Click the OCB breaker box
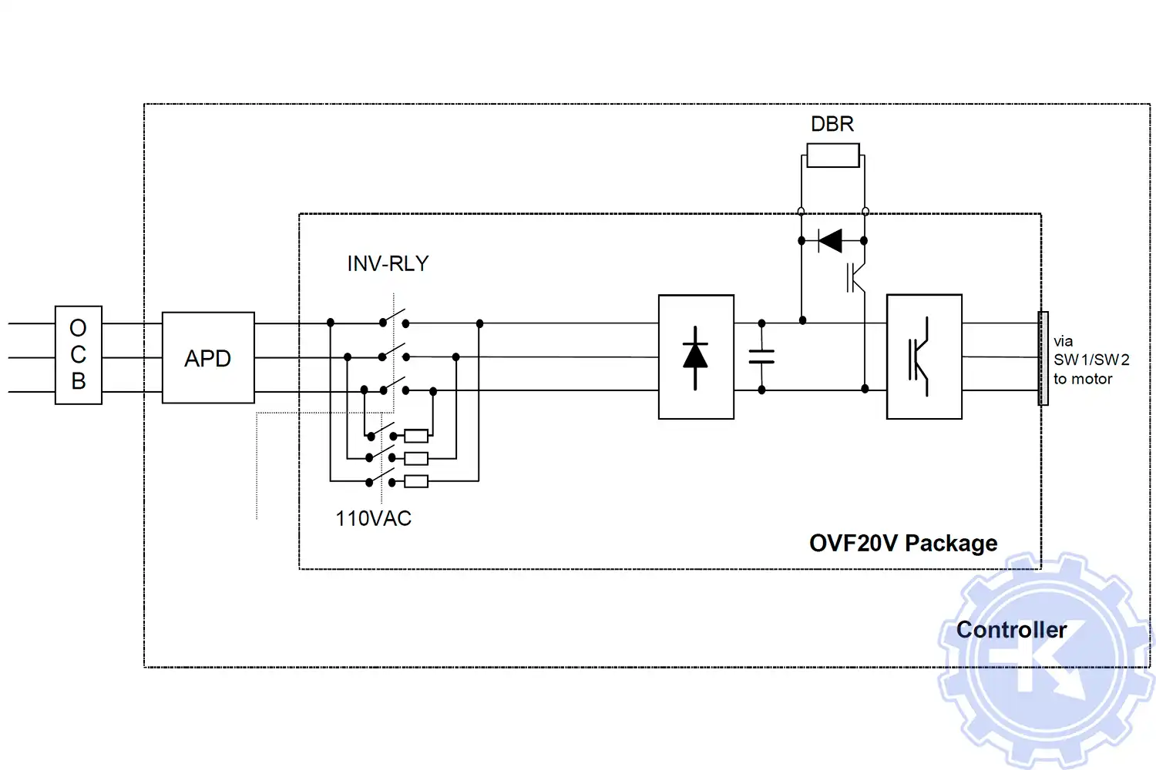coord(79,355)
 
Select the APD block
coord(208,358)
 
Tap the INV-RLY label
coord(388,264)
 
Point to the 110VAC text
coord(373,519)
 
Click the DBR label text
coord(832,124)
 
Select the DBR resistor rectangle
coord(833,156)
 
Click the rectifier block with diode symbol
coord(696,357)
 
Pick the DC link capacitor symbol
coord(761,357)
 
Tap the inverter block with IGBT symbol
coord(924,357)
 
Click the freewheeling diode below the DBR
coord(830,241)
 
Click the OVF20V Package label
coord(903,544)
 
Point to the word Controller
coord(1011,630)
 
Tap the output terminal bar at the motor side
coord(1043,358)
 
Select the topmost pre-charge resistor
coord(416,436)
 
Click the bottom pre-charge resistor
coord(416,482)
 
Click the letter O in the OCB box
coord(78,329)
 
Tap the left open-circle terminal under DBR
coord(801,211)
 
